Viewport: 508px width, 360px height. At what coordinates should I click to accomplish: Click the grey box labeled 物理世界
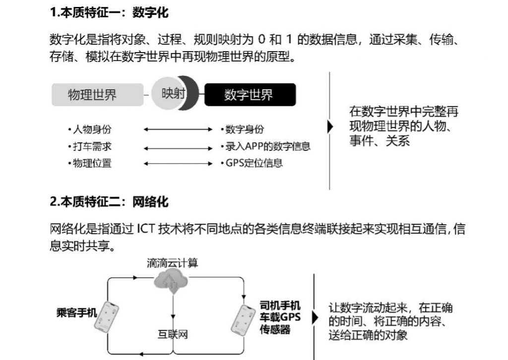coord(92,95)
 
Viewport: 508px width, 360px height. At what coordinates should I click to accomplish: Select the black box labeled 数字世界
coord(250,95)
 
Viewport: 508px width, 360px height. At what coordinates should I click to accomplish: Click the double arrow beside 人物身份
coord(178,130)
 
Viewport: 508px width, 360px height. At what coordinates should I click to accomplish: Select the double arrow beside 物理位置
coord(178,163)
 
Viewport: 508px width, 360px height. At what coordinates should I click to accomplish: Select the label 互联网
coord(170,335)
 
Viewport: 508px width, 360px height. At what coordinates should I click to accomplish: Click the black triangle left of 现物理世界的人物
coord(330,127)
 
